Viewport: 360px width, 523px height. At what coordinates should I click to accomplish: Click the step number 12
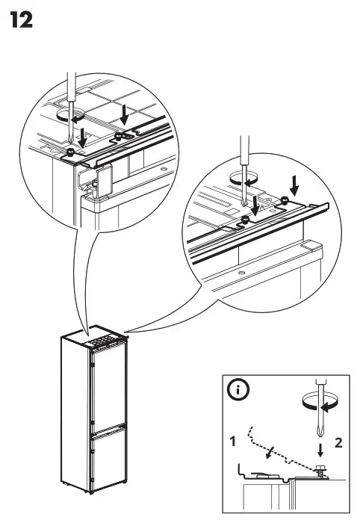click(22, 20)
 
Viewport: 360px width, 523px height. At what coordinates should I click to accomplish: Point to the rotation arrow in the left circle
click(70, 117)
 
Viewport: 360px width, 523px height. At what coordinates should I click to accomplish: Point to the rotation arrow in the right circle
click(243, 178)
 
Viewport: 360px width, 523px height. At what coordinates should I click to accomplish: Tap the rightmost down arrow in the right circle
click(294, 182)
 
